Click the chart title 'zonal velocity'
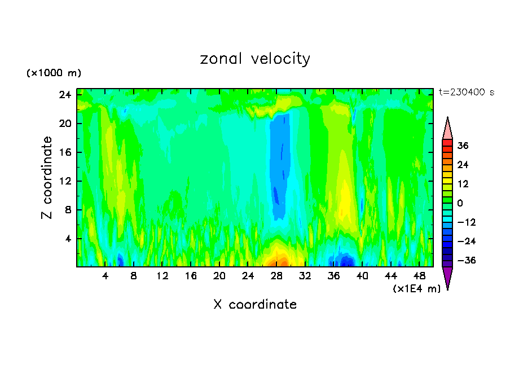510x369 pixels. pos(255,59)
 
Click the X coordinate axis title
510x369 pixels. pos(255,305)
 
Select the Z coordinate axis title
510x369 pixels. pos(47,178)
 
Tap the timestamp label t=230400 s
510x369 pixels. pos(466,92)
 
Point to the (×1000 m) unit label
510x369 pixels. pos(54,73)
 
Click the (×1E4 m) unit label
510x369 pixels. pos(416,289)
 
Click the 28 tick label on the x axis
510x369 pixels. pos(276,276)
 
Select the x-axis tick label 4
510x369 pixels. pos(105,276)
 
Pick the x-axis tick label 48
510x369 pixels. pos(419,276)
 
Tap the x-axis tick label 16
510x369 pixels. pos(191,276)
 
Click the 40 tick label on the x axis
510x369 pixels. pos(362,276)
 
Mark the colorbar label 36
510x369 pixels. pos(463,146)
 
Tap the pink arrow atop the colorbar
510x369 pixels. pos(447,129)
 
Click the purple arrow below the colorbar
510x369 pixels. pos(447,277)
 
